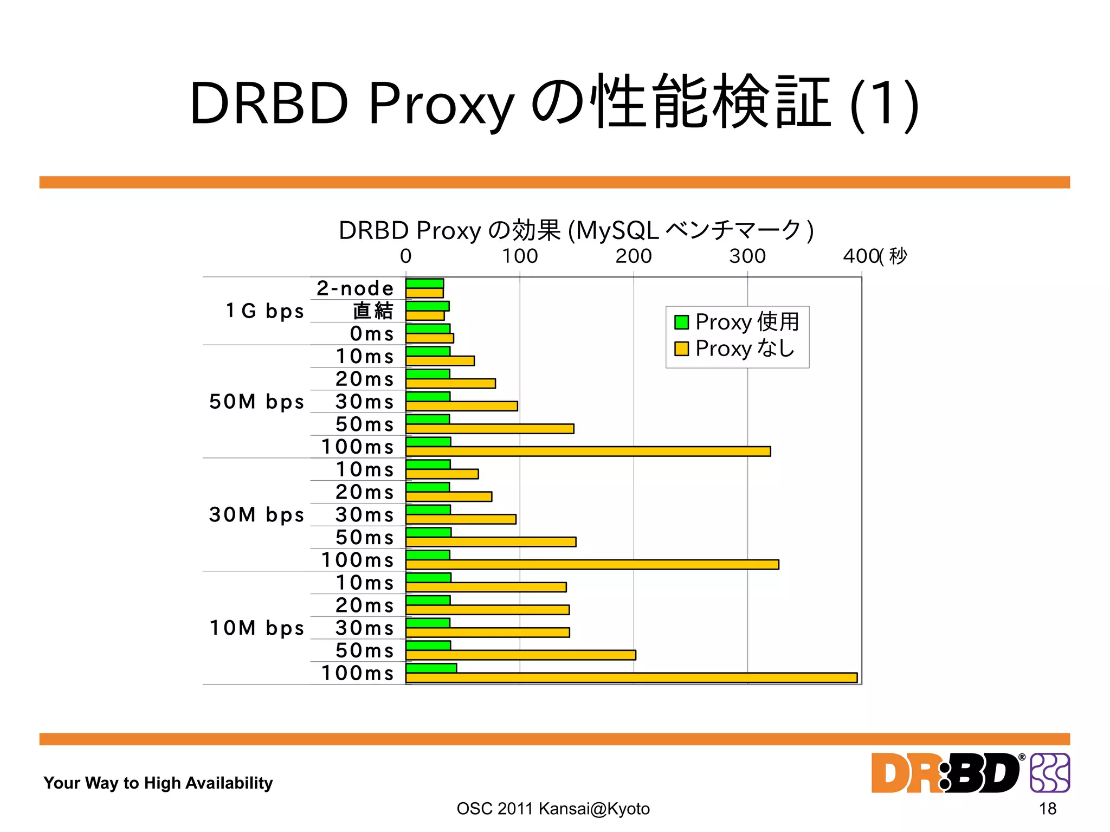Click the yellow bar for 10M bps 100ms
point(631,678)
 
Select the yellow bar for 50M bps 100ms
point(588,452)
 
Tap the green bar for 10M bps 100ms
point(431,668)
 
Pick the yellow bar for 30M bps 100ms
point(592,564)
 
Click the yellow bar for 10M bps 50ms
point(520,655)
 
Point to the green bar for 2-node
point(424,283)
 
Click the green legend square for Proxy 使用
point(681,322)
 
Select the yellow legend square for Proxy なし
point(681,349)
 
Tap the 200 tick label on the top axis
point(633,256)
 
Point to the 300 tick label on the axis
point(747,256)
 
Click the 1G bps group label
point(264,311)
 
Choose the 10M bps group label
point(256,628)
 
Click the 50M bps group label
point(256,402)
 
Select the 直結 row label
point(373,311)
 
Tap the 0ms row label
point(372,334)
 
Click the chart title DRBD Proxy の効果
point(576,230)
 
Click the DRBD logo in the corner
point(970,773)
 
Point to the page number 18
point(1047,809)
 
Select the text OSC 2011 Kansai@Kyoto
point(553,809)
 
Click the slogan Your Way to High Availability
point(158,783)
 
